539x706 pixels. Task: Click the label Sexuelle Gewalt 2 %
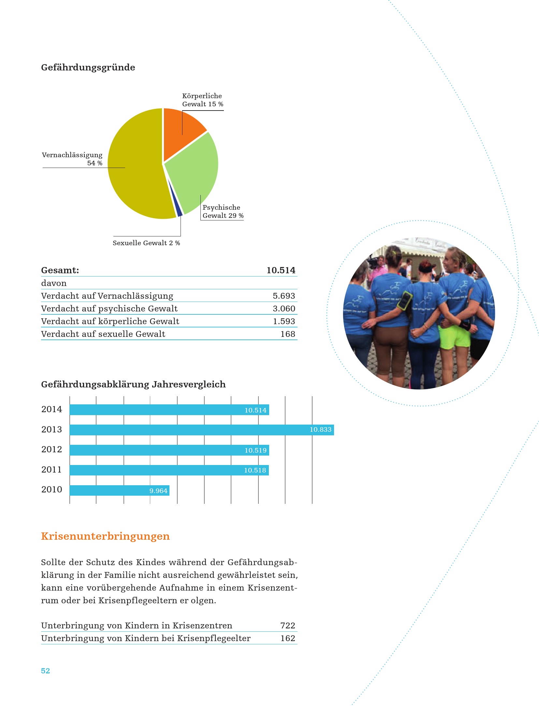[146, 243]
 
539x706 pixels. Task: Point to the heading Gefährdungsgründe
[88, 68]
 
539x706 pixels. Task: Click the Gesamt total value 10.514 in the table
[281, 270]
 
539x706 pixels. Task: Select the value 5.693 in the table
[284, 296]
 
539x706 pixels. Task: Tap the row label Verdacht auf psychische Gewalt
[109, 308]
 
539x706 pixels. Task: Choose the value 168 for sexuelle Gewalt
[288, 334]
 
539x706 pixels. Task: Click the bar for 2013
[202, 430]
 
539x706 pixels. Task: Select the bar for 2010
[119, 490]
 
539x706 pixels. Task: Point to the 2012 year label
[51, 449]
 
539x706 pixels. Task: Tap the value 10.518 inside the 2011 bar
[255, 470]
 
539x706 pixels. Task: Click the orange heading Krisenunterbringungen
[105, 536]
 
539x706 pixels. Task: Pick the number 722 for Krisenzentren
[288, 625]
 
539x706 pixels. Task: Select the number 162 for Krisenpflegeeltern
[288, 638]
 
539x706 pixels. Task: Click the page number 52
[45, 671]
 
